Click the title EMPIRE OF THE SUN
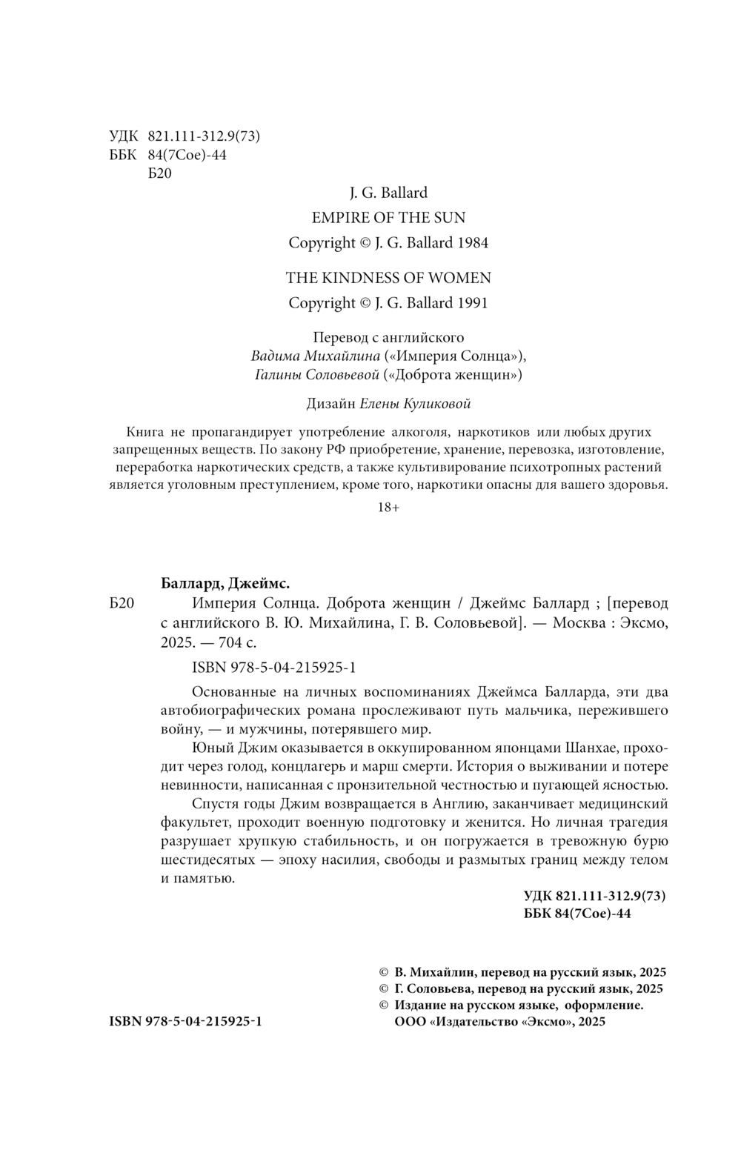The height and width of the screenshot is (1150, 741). (x=388, y=218)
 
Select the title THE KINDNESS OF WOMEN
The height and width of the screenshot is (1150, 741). (x=388, y=278)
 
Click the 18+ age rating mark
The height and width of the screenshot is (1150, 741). (x=388, y=508)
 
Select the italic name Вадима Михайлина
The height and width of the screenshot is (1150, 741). (x=303, y=356)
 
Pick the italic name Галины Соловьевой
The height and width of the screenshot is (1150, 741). (x=316, y=375)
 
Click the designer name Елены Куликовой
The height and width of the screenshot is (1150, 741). (x=415, y=404)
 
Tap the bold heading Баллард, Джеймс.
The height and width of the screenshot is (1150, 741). (x=225, y=582)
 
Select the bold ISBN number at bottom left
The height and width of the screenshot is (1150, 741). (x=185, y=1021)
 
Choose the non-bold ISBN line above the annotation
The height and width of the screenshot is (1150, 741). (x=273, y=667)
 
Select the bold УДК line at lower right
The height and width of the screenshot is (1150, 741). (x=594, y=896)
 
